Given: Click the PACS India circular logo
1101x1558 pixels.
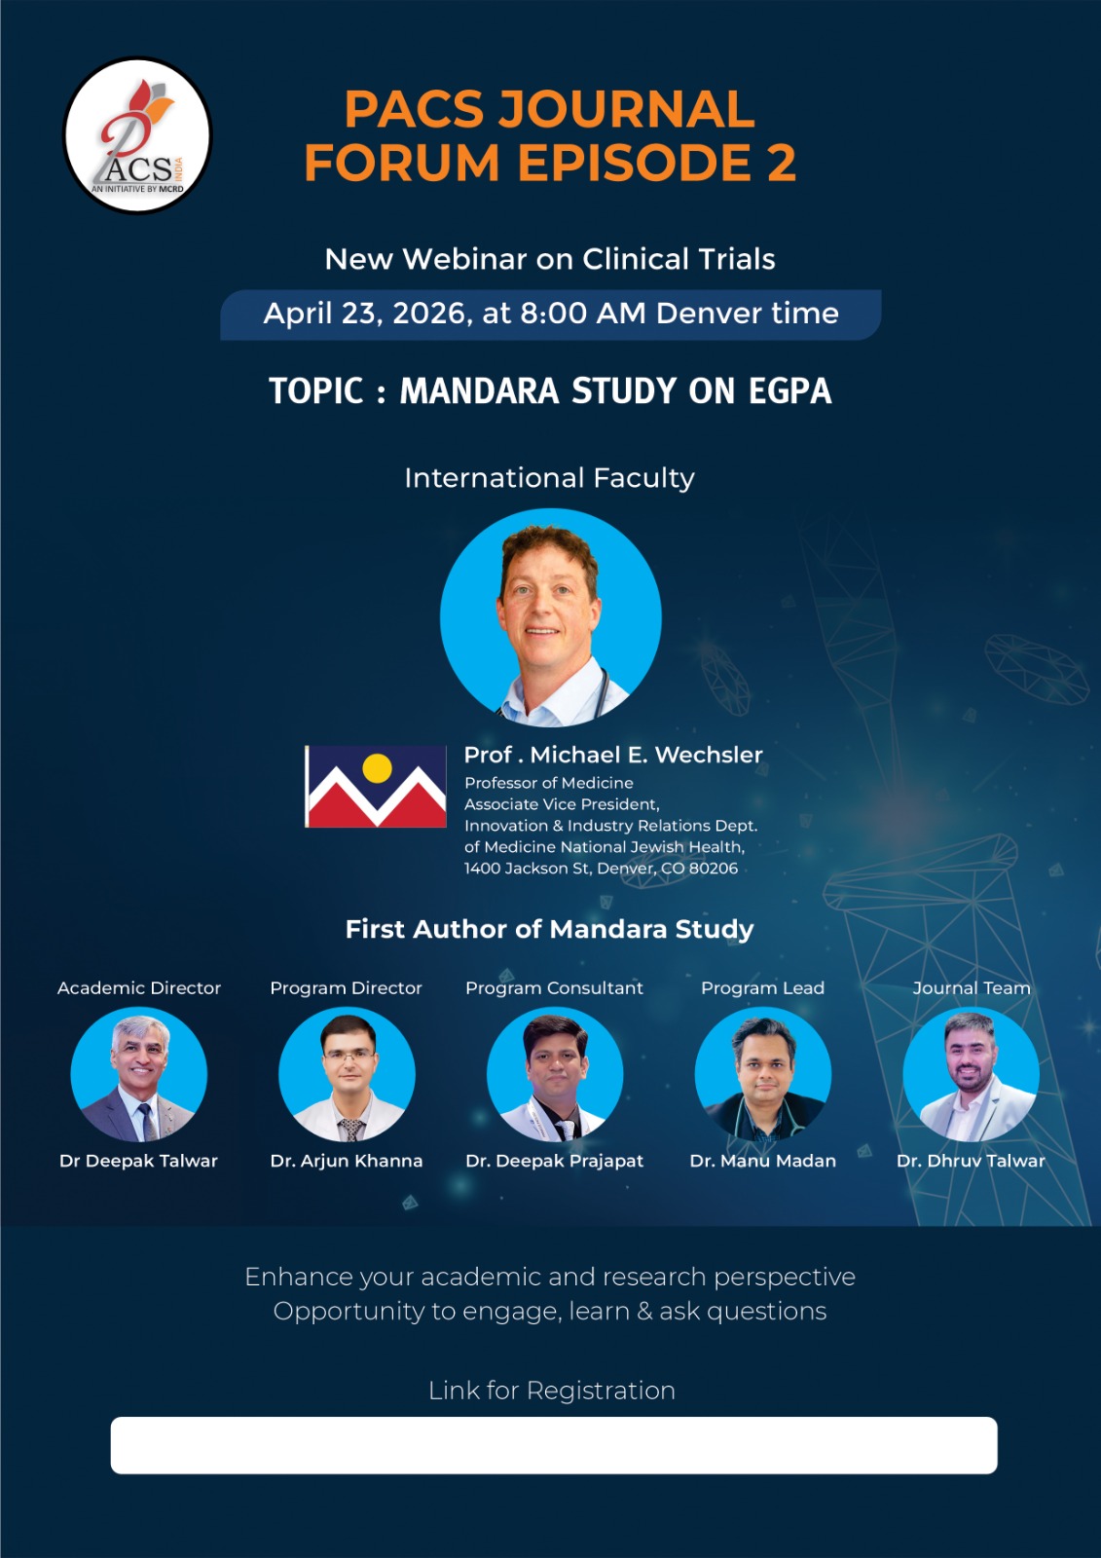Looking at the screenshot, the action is [x=137, y=135].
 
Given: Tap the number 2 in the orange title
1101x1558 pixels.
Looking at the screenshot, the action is [x=781, y=162].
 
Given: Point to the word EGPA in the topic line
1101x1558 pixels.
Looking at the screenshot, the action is [x=789, y=390].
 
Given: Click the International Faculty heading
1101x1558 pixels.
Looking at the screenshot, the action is [x=549, y=478].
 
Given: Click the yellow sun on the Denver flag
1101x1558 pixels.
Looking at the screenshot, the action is [x=377, y=768].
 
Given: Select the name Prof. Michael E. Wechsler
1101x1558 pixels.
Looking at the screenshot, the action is [x=612, y=755].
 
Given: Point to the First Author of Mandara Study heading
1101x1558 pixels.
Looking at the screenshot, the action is [x=549, y=929].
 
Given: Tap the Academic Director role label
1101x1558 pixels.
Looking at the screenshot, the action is [x=139, y=988].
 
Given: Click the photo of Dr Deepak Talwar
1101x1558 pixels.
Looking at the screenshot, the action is [x=139, y=1075].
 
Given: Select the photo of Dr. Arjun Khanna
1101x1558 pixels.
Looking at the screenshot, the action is [x=348, y=1075].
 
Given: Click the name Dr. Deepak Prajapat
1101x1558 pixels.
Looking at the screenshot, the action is [x=554, y=1161].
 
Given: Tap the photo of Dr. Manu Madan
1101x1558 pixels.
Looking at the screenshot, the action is [x=763, y=1075].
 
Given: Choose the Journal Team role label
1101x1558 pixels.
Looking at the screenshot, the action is [x=971, y=988].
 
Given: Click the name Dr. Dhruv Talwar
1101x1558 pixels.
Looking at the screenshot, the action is [x=971, y=1161].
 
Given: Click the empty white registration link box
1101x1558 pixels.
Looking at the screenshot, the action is [x=554, y=1445].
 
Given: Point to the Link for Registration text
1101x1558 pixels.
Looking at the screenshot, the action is [x=552, y=1391].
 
